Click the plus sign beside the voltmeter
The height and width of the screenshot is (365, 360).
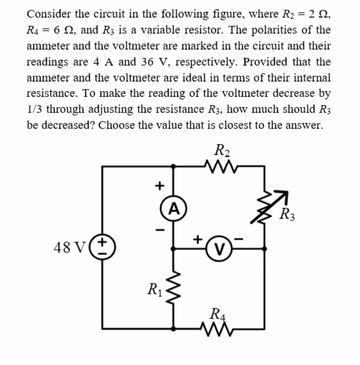click(199, 239)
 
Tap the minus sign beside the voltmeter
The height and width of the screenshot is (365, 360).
click(239, 240)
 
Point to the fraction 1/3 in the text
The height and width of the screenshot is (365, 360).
click(35, 109)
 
